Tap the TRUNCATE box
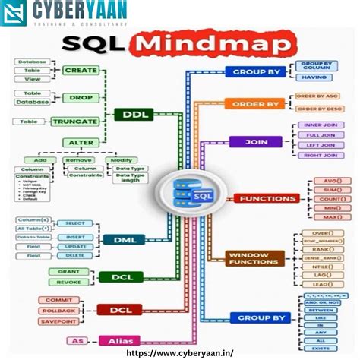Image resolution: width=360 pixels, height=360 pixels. [74, 122]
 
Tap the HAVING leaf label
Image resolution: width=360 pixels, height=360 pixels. [314, 76]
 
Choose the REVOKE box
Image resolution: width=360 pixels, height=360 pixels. [69, 283]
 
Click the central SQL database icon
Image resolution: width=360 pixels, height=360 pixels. [194, 193]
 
